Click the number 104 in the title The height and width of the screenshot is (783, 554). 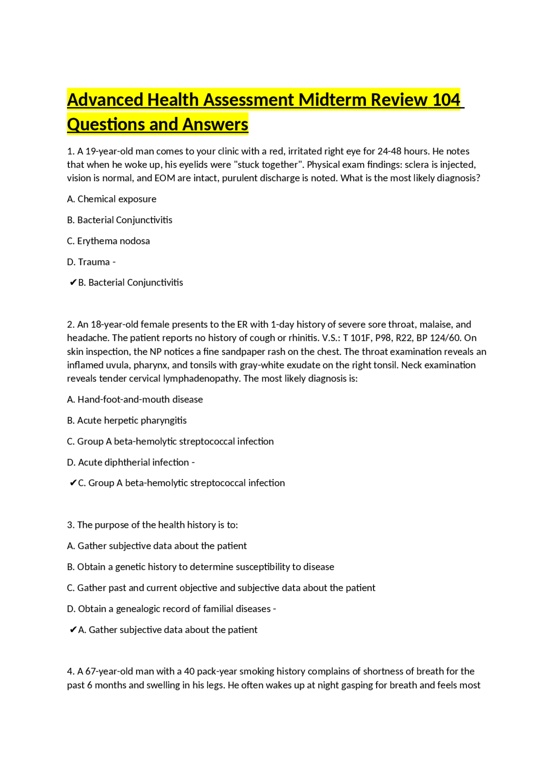(446, 100)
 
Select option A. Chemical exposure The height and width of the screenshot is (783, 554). (112, 199)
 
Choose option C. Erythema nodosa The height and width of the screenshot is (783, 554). (108, 241)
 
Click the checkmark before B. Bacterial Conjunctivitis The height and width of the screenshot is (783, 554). (73, 283)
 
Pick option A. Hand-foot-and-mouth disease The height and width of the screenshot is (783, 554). (135, 399)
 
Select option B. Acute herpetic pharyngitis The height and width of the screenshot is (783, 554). (127, 420)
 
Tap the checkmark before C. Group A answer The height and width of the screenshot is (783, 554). (73, 483)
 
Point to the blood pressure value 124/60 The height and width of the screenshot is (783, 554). (445, 338)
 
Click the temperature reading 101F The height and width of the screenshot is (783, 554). (360, 338)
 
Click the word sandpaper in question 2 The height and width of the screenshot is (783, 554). (242, 352)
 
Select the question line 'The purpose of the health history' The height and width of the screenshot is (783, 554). (152, 525)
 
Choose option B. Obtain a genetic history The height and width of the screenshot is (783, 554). (200, 567)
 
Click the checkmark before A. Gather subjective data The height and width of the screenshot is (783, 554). (73, 630)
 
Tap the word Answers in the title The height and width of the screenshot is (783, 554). (215, 125)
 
